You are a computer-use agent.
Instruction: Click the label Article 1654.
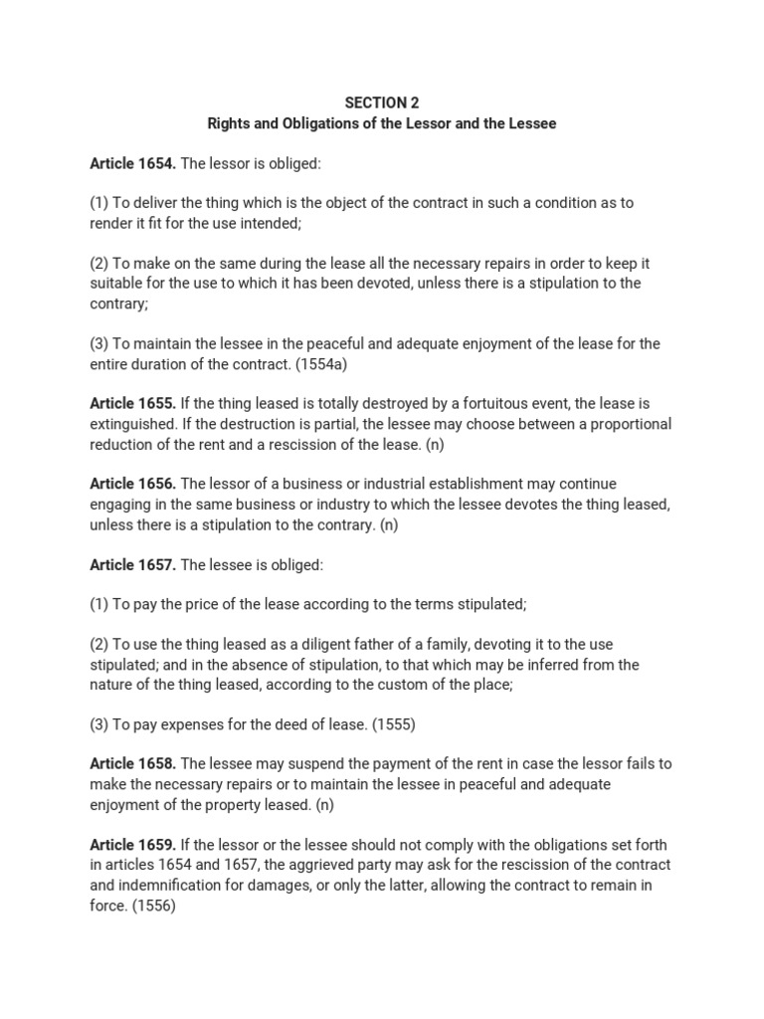tap(132, 162)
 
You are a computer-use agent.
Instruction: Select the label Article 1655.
tap(132, 404)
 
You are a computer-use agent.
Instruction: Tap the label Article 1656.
tap(132, 485)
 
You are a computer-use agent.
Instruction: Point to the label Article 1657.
tap(132, 565)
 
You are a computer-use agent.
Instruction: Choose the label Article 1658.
tap(132, 764)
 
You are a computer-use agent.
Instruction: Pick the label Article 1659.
tap(132, 845)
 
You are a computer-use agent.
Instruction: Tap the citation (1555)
tap(393, 724)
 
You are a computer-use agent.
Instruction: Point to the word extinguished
tap(132, 424)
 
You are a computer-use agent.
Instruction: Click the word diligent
tap(335, 645)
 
